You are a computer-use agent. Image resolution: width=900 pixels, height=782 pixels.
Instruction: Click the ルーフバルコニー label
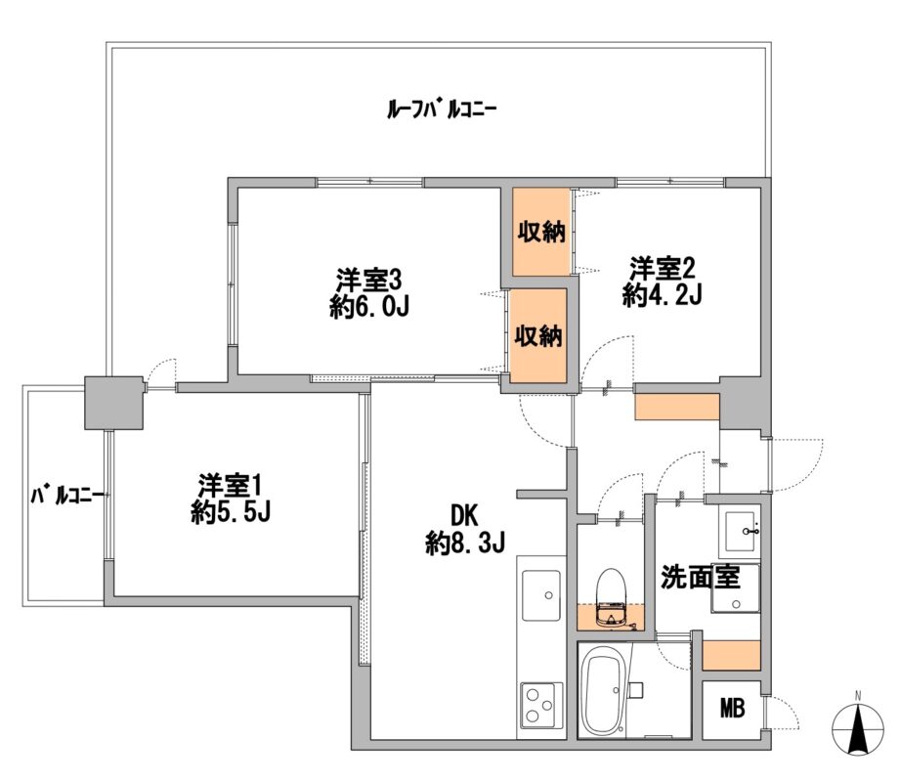tap(442, 109)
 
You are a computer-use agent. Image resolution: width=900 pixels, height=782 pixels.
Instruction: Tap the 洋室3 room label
tap(368, 281)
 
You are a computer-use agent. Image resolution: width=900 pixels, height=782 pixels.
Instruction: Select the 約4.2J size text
tap(663, 295)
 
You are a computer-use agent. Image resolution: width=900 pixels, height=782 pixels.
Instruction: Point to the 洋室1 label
tap(230, 486)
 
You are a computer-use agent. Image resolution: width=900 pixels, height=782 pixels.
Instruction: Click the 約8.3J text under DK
tap(465, 543)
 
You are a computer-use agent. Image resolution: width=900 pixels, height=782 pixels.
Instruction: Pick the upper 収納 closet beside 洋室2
tap(541, 232)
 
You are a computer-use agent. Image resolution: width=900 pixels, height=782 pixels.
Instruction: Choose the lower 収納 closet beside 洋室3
tap(538, 335)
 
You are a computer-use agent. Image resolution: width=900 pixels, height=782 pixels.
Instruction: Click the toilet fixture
tap(610, 597)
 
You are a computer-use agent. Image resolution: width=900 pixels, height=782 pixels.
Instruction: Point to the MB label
tap(732, 709)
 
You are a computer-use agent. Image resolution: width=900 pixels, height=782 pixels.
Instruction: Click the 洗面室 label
tap(701, 577)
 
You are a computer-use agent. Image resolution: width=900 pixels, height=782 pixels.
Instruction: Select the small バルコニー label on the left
tap(67, 496)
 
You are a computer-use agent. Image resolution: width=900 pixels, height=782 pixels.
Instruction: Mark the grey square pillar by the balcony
tap(113, 403)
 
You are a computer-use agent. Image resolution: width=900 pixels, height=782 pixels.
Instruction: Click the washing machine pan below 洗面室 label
tap(735, 588)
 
